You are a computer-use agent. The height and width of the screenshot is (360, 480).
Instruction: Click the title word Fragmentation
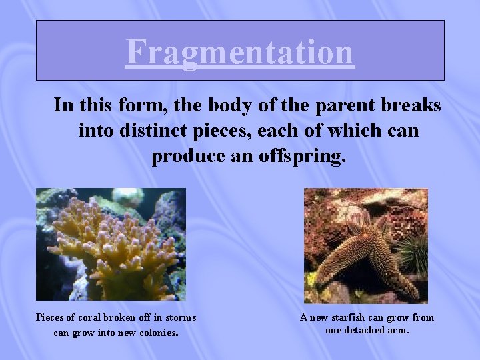[239, 52]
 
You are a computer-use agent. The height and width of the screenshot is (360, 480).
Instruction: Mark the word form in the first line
[129, 105]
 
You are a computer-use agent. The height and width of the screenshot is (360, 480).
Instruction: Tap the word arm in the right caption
[399, 329]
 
